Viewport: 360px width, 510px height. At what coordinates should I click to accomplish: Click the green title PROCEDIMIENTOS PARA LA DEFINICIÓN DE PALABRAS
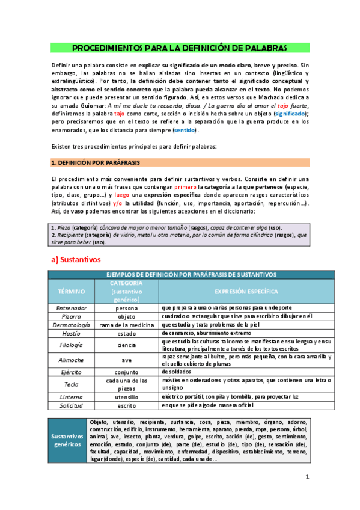pyautogui.click(x=179, y=48)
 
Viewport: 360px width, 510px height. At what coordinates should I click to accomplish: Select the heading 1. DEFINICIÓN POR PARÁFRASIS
pyautogui.click(x=87, y=162)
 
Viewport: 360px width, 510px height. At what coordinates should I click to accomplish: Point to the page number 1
pyautogui.click(x=307, y=477)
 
